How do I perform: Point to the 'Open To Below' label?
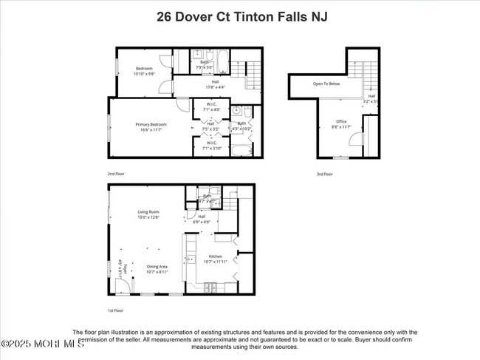(x=326, y=84)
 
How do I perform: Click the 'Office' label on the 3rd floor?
(x=340, y=121)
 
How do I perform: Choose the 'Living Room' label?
(x=148, y=212)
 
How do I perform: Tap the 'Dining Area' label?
(x=156, y=266)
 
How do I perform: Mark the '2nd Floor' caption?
(x=116, y=174)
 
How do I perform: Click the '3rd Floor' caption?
(x=324, y=174)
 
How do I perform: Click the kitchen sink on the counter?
(x=189, y=260)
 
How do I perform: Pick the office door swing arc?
(x=368, y=123)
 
